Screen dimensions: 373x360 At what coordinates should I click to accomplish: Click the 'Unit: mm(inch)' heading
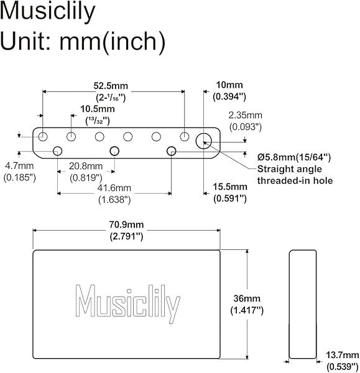coord(83,42)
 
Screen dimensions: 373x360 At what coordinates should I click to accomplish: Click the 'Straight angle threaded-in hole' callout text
coord(294,175)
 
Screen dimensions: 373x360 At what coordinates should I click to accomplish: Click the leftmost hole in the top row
coord(43,136)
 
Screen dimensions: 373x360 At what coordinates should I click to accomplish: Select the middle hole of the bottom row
coord(114,150)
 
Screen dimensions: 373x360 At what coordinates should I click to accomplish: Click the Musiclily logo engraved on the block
coord(127,304)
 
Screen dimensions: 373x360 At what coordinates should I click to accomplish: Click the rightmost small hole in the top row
coord(185,136)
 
